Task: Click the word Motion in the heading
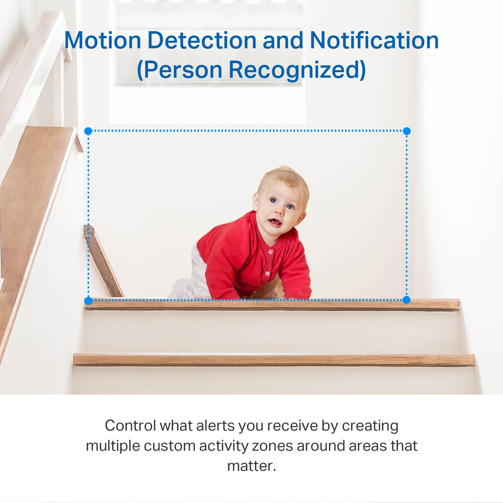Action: (103, 41)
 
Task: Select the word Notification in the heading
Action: (374, 41)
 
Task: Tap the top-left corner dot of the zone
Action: (88, 131)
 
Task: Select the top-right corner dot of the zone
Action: (407, 131)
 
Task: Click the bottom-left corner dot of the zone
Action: (88, 301)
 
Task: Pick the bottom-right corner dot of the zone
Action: (406, 300)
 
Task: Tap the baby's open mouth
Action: (275, 222)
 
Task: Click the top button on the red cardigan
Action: (270, 251)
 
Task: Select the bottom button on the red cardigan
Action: (267, 274)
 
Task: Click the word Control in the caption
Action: (131, 426)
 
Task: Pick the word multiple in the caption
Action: (113, 446)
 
